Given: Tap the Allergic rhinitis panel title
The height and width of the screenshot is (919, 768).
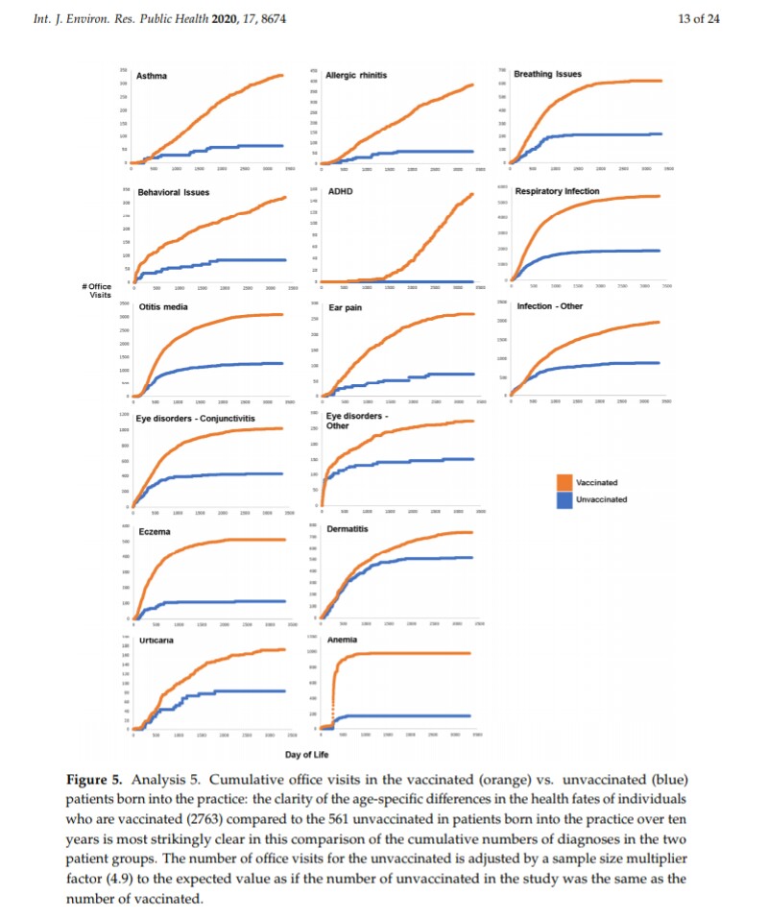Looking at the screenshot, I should tap(356, 75).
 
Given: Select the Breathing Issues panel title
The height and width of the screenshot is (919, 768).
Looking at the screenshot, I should tap(547, 74).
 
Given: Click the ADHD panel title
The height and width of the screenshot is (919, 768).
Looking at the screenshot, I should tap(340, 191).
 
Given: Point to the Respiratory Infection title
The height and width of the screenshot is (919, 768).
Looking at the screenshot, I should tap(557, 191).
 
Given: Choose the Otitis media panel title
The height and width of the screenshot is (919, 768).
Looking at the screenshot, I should tap(162, 307).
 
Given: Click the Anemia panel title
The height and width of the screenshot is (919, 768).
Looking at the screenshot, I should tap(342, 639).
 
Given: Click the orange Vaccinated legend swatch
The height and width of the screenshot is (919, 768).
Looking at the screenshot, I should tap(564, 482).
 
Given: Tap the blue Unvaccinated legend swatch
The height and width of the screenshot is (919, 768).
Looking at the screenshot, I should tap(564, 498).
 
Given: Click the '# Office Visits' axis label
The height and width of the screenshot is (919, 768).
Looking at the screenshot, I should tap(98, 290).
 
